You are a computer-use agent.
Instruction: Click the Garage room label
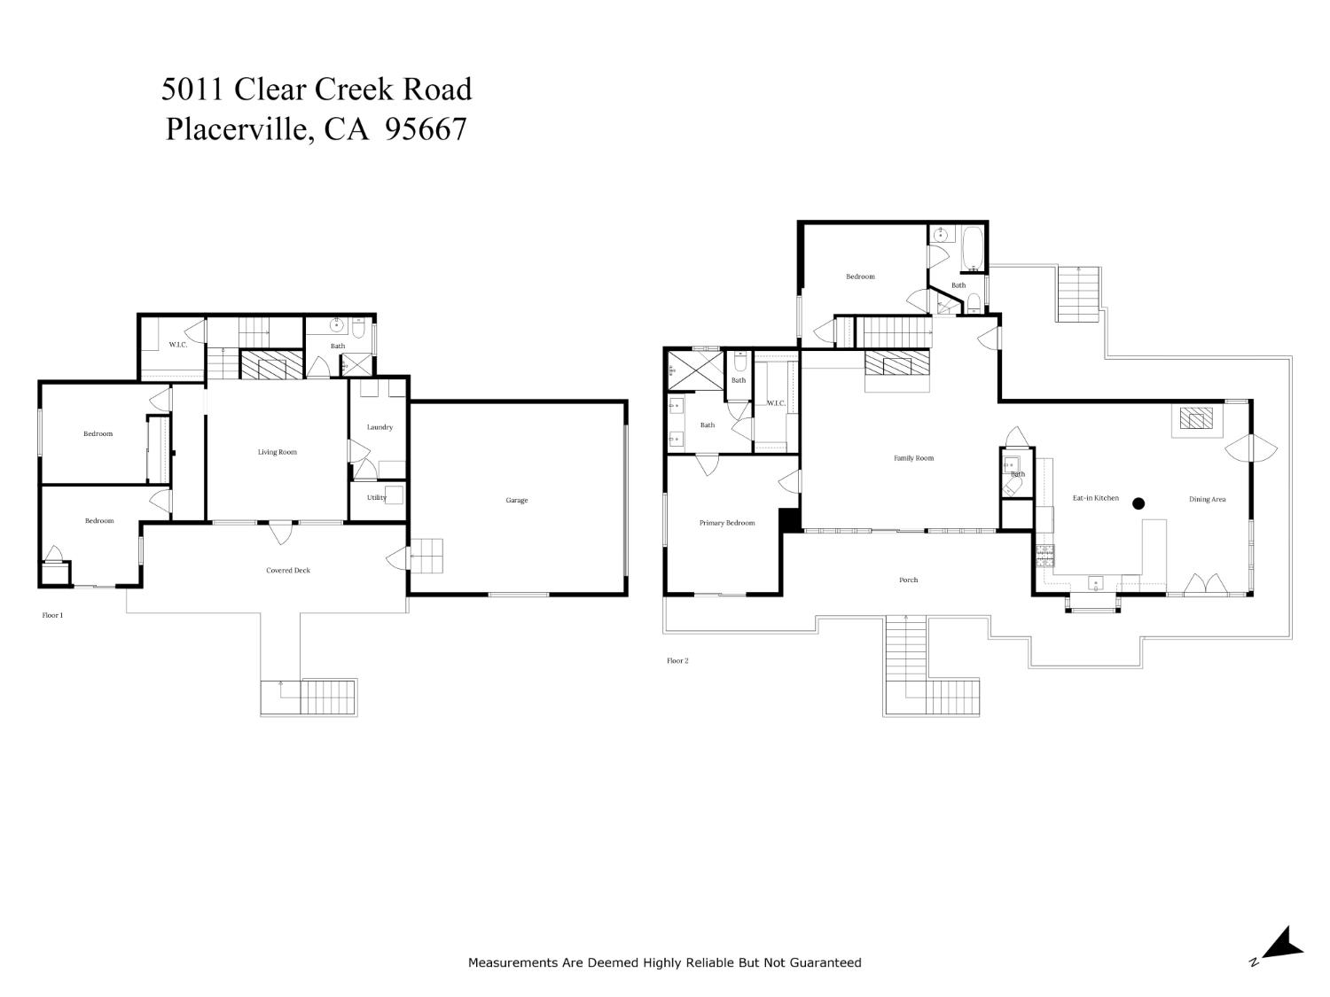click(x=517, y=501)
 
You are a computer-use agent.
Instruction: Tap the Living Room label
click(x=278, y=452)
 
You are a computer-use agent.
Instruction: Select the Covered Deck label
click(x=288, y=571)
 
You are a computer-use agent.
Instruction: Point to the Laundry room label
click(x=379, y=427)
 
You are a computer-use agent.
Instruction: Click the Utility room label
click(x=377, y=497)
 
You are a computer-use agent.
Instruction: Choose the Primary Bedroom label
click(x=727, y=523)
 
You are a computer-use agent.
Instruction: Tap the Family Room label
click(x=913, y=458)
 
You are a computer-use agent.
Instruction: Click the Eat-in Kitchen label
click(x=1096, y=498)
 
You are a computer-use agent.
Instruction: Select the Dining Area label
click(x=1207, y=500)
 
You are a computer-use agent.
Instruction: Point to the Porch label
click(x=909, y=580)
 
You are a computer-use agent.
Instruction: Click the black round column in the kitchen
click(x=1138, y=503)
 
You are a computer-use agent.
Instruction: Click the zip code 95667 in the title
click(x=426, y=129)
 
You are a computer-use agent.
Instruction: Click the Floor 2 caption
click(x=677, y=660)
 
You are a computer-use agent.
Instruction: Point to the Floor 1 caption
click(x=53, y=614)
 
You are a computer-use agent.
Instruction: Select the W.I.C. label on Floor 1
click(x=178, y=344)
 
